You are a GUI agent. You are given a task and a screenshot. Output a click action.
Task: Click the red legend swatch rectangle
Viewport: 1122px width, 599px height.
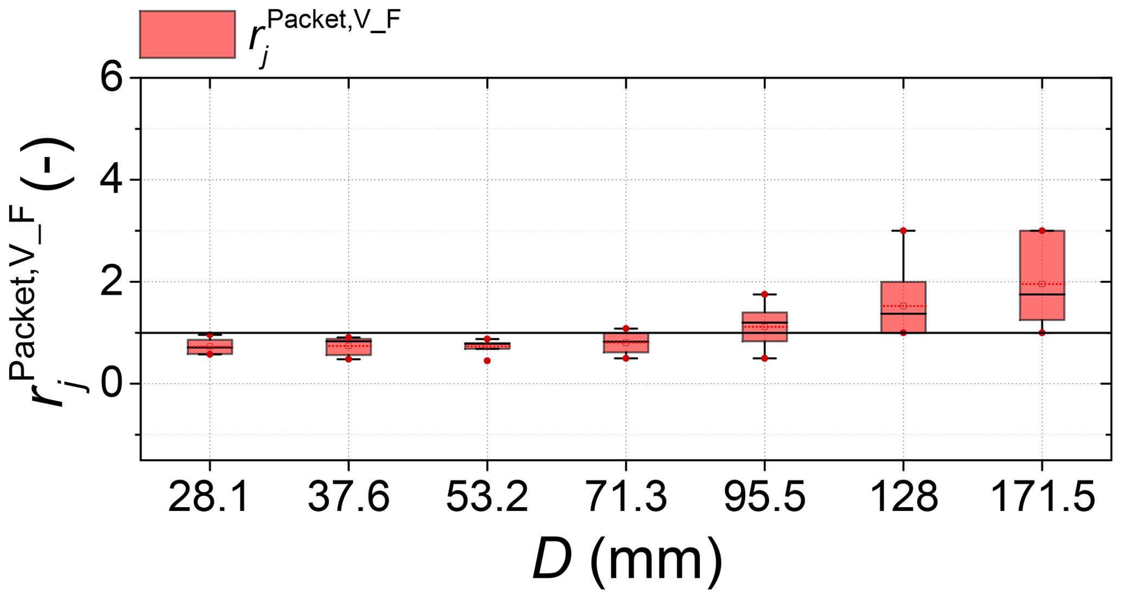[187, 34]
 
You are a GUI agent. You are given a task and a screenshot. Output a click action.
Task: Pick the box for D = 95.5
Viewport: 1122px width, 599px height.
[764, 326]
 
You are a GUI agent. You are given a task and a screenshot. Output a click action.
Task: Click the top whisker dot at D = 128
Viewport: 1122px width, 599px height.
[903, 231]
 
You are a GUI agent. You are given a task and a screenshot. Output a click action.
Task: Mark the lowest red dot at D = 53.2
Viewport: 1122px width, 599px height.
[487, 361]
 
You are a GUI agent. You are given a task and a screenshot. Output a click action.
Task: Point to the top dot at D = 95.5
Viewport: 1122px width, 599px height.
[764, 294]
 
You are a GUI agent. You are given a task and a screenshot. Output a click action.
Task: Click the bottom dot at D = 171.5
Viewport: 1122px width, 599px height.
[1042, 333]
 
